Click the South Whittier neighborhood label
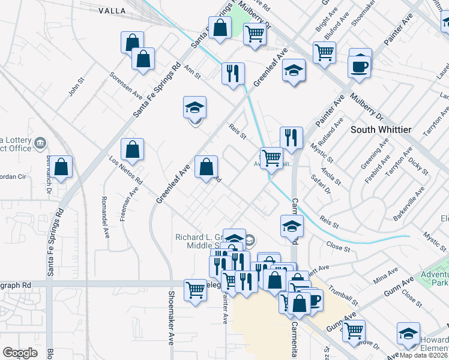click(380, 130)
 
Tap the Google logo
click(20, 353)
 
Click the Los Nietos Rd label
click(126, 170)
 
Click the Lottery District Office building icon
click(41, 143)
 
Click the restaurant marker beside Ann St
click(232, 73)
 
